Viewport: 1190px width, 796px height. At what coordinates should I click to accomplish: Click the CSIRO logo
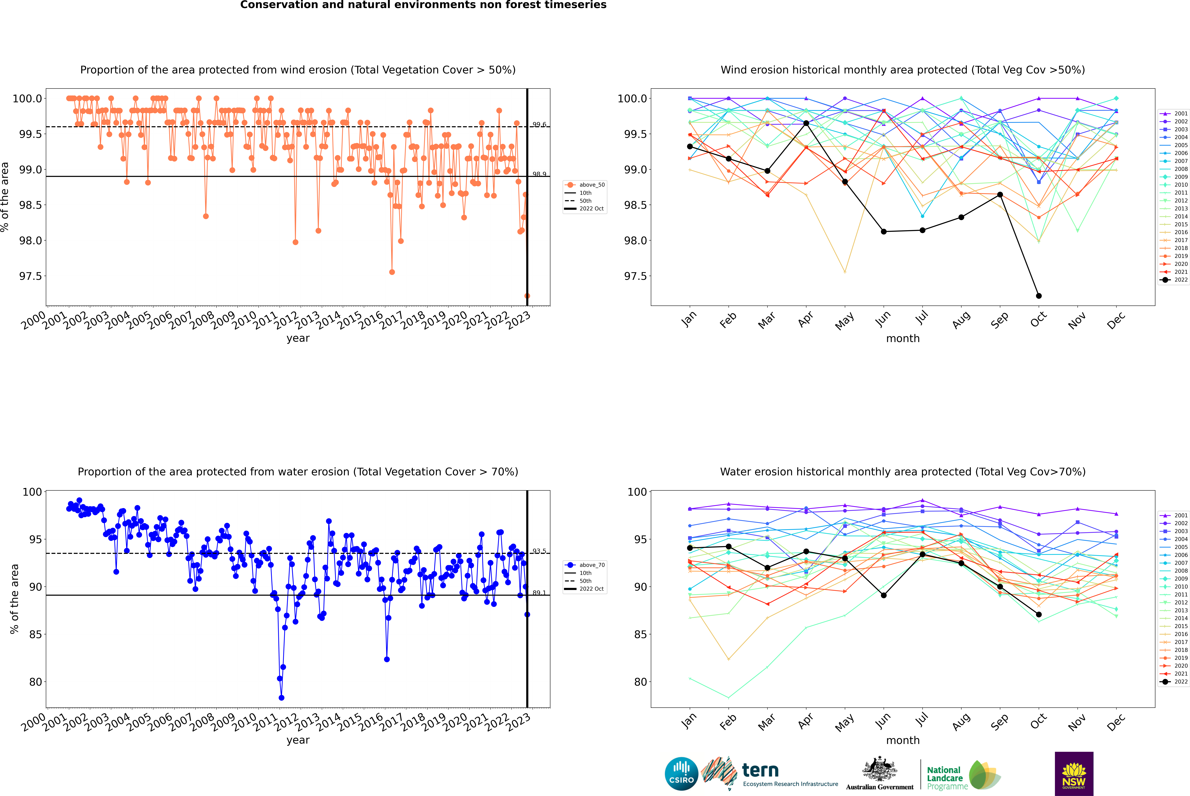click(681, 774)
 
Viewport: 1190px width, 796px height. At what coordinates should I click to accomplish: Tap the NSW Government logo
click(1074, 774)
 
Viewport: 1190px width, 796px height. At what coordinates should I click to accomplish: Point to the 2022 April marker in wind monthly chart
click(806, 123)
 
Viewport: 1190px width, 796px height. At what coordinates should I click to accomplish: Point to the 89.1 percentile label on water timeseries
click(539, 593)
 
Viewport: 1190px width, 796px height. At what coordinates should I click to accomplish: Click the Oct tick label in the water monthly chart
click(1038, 720)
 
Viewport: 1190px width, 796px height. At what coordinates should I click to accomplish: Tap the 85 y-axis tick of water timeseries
click(35, 634)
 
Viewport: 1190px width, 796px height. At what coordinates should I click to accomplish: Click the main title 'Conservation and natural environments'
click(423, 5)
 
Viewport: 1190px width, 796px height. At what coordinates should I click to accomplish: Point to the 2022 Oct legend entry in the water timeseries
click(591, 589)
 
